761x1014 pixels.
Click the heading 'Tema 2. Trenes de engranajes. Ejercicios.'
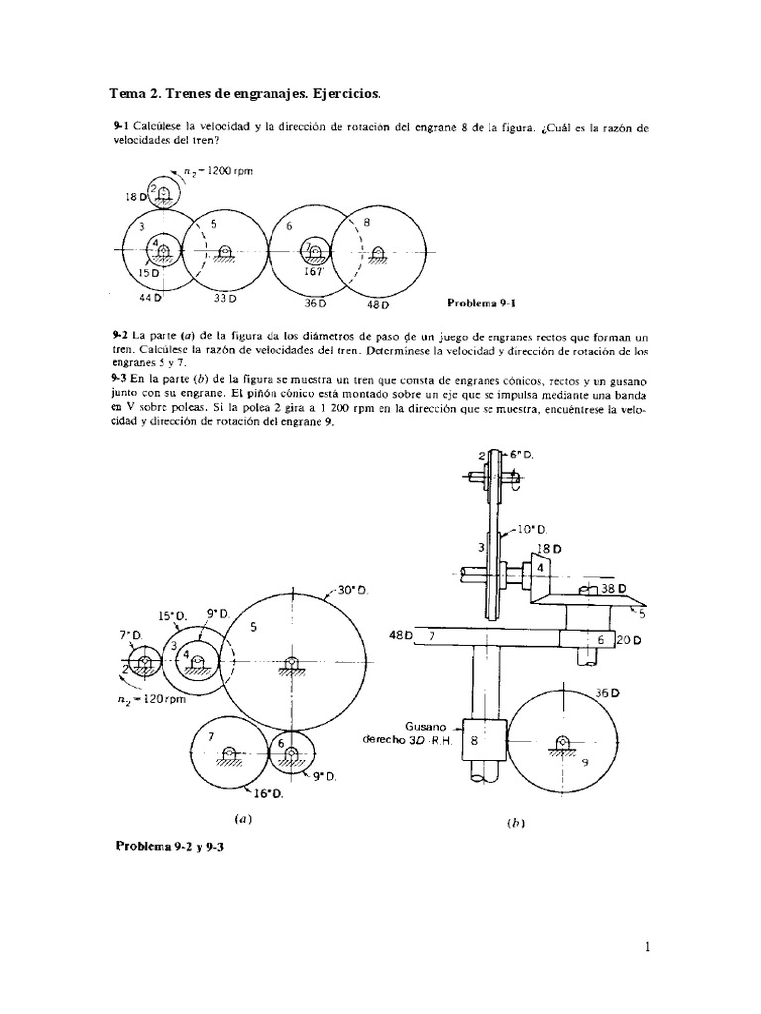click(244, 93)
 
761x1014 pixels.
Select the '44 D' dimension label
click(150, 297)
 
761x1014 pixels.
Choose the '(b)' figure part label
click(515, 823)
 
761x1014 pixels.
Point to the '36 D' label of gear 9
click(605, 694)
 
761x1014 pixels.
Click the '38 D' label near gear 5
click(614, 589)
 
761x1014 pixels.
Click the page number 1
click(646, 947)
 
